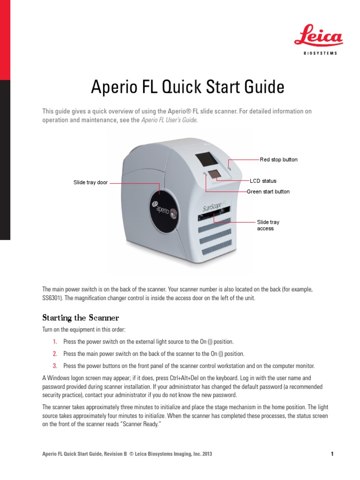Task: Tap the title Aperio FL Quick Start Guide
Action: click(187, 87)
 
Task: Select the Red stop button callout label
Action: click(278, 160)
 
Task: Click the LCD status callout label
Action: click(263, 181)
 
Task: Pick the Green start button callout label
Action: click(268, 192)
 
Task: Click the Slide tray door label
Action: click(90, 182)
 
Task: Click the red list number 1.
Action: click(54, 341)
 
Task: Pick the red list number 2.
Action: click(54, 353)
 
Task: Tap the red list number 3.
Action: click(54, 365)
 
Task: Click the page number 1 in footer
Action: click(332, 454)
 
